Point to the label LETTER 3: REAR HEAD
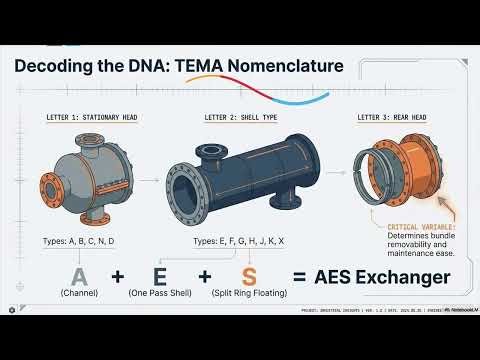coord(393,117)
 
